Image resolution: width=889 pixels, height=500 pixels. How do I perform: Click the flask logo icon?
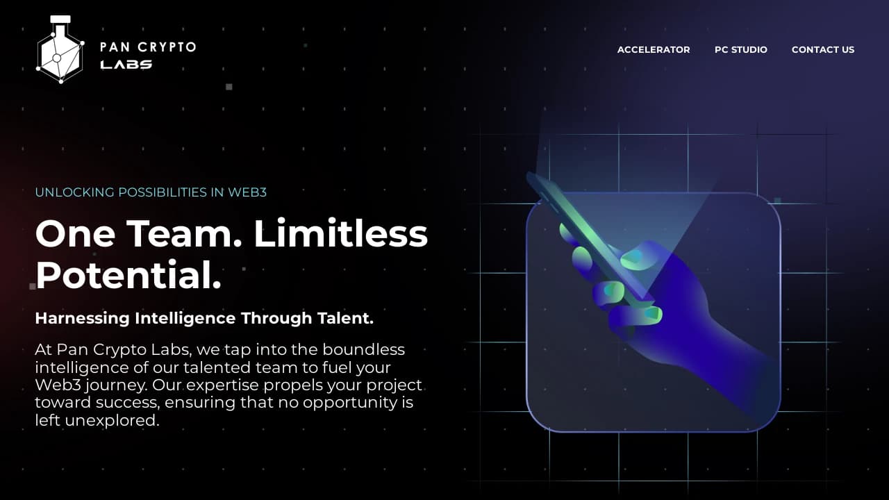60,50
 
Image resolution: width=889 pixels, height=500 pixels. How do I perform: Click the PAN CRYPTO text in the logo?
148,47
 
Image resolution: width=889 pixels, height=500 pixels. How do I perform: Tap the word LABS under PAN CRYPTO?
126,65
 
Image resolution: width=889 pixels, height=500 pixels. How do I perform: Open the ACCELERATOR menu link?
654,49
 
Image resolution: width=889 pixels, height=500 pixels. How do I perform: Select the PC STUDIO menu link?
741,49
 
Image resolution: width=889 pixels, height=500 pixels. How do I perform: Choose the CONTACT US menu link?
823,49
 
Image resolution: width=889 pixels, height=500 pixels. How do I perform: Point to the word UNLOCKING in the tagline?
75,192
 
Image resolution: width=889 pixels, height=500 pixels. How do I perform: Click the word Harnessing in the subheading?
82,318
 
